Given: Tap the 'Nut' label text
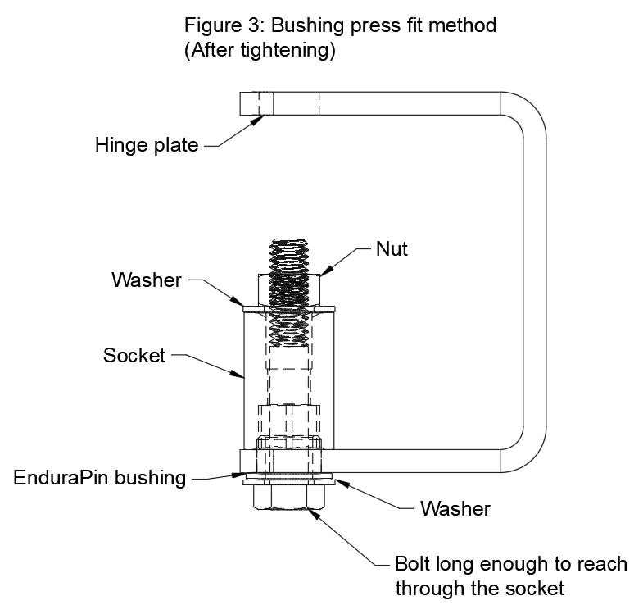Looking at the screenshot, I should pos(392,248).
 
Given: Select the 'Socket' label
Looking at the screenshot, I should pos(133,356).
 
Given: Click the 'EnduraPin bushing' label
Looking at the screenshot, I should pos(100,477).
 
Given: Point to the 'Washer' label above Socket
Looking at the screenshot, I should pos(145,280).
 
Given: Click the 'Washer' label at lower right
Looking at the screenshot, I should pos(455,508).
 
